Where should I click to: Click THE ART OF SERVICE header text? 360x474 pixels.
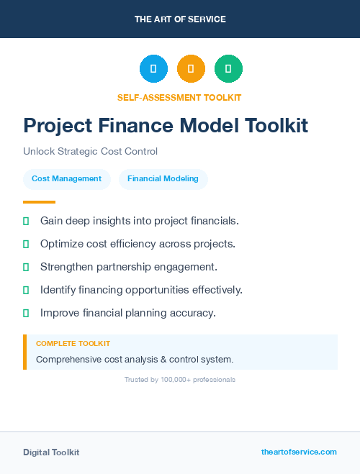[x=180, y=19]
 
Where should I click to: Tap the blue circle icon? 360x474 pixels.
[x=153, y=69]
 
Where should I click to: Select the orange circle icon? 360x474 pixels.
[x=191, y=69]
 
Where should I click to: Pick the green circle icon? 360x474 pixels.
[x=228, y=69]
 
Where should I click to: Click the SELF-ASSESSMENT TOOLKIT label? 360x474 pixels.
[x=179, y=97]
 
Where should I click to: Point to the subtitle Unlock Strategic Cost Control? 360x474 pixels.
[x=90, y=152]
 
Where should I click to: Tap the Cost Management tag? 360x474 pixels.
[x=66, y=179]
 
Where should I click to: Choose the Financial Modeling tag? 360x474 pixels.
[x=163, y=179]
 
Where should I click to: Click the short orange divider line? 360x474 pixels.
[x=39, y=202]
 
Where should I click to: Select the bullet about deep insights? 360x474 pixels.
[x=139, y=221]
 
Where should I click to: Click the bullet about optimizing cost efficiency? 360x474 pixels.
[x=138, y=244]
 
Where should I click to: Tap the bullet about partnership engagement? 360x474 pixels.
[x=128, y=267]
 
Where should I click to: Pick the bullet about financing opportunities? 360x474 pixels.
[x=141, y=290]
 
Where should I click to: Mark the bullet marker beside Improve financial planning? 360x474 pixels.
[x=26, y=313]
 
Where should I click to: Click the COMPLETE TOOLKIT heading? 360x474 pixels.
[x=73, y=344]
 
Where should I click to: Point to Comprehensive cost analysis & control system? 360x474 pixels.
[x=135, y=359]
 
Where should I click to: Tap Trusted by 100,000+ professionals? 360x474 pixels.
[x=180, y=380]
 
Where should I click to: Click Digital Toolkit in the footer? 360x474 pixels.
[x=51, y=452]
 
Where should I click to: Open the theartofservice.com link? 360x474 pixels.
[x=299, y=452]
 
